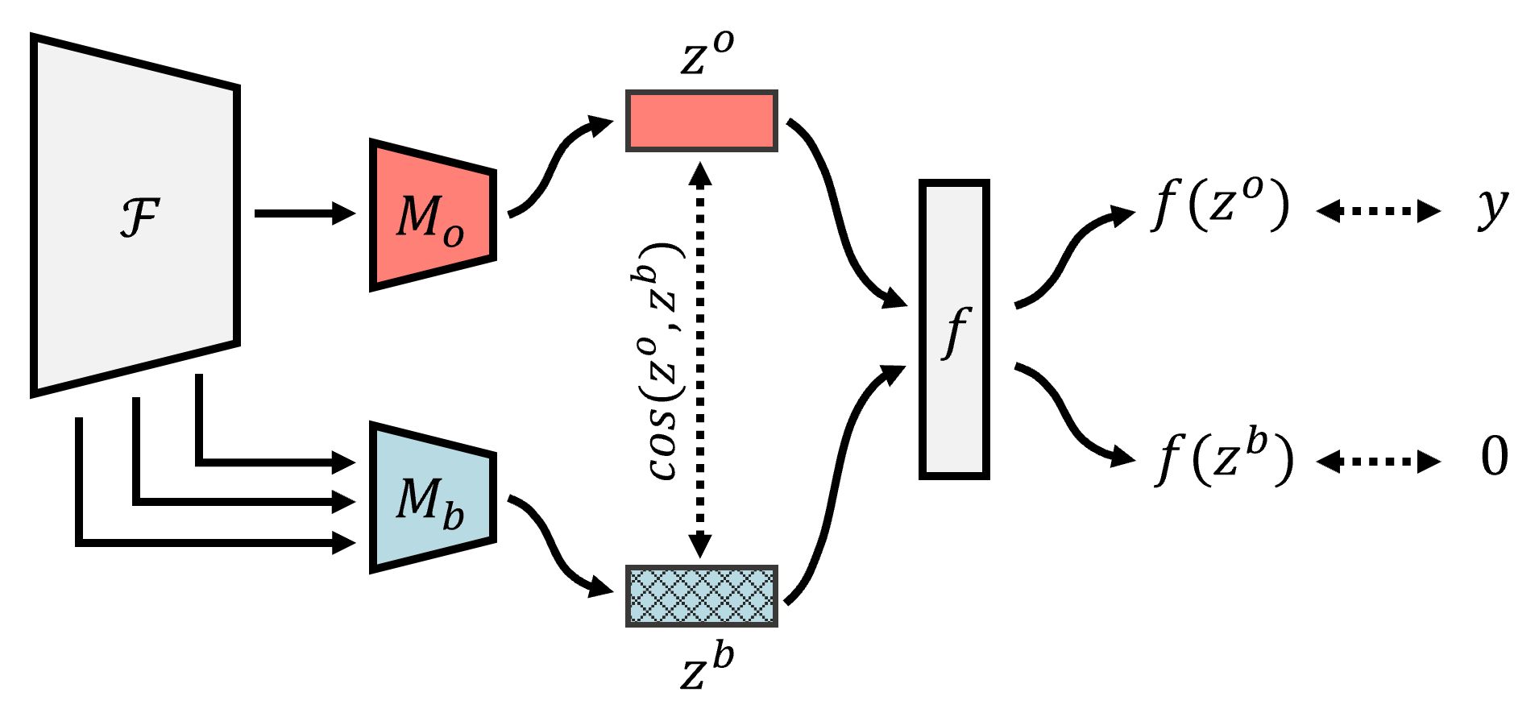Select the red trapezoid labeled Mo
click(432, 216)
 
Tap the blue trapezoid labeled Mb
click(432, 498)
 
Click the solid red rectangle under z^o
click(701, 121)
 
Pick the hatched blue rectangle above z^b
click(701, 596)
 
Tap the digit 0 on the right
click(1494, 458)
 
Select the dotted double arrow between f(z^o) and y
click(1378, 211)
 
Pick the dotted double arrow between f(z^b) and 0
click(1378, 462)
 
